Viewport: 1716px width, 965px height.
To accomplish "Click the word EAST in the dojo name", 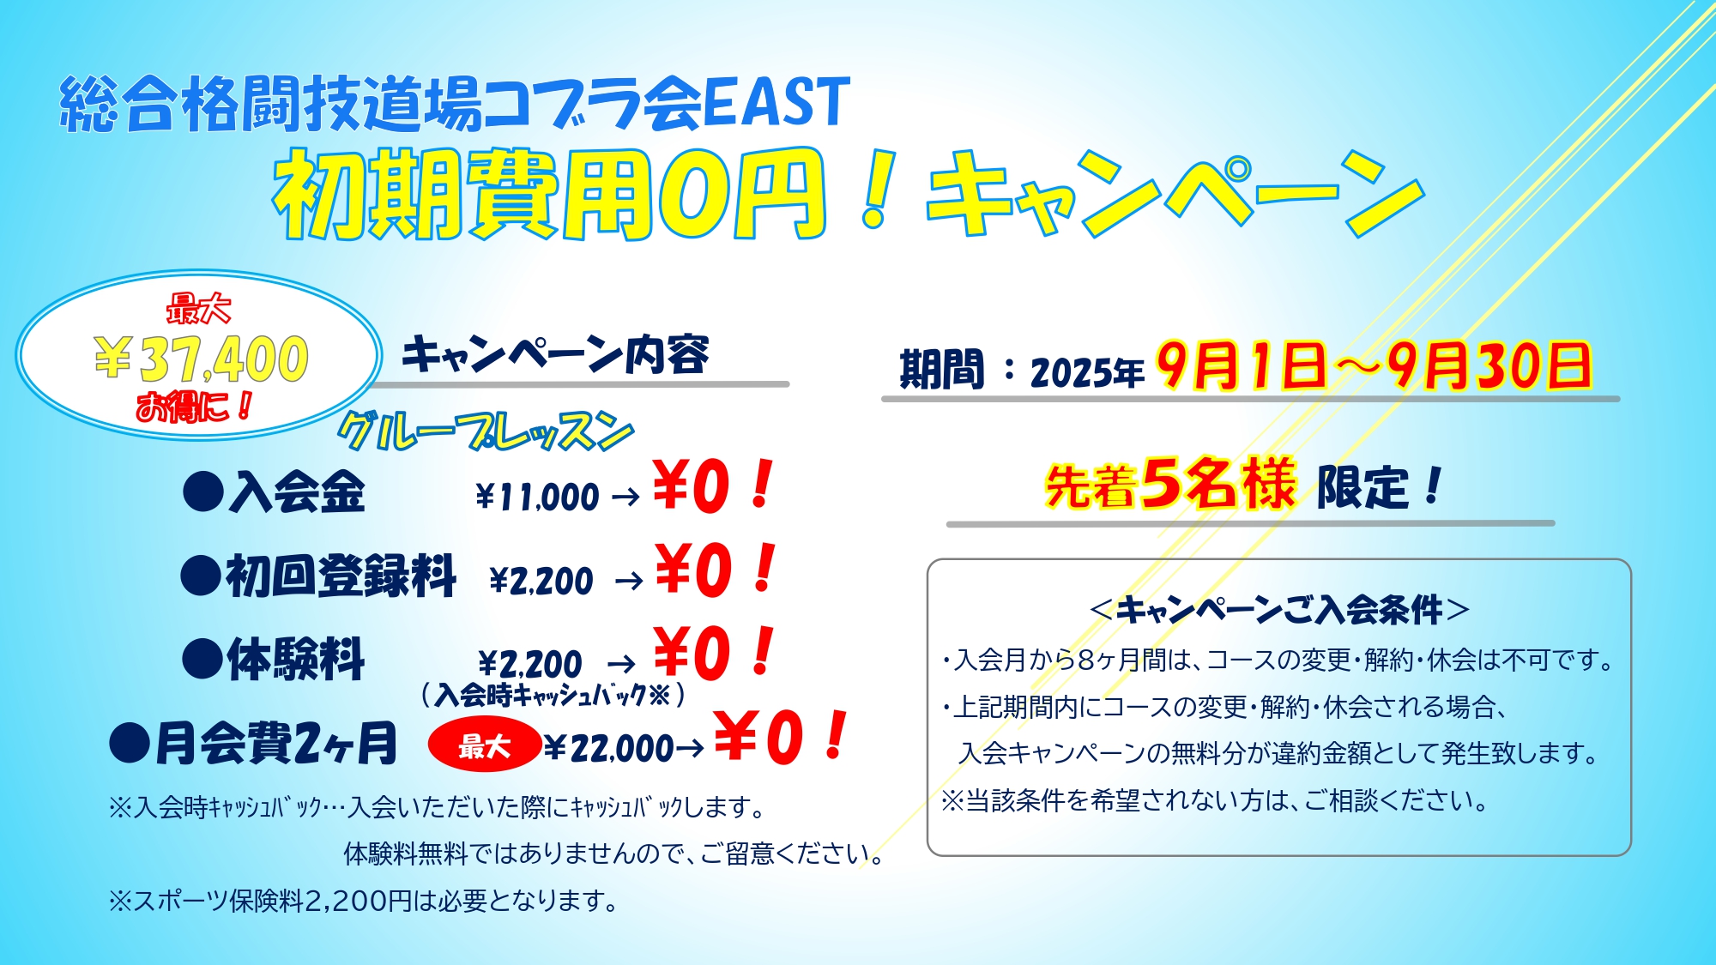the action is tap(776, 103).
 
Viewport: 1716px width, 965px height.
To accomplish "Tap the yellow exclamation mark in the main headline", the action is tap(877, 190).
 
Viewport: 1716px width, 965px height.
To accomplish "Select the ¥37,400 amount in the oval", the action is tap(201, 359).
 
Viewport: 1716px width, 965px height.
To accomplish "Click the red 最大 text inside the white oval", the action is tap(199, 309).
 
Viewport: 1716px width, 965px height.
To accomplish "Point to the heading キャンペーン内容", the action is tap(555, 354).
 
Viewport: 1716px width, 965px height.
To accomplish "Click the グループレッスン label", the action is tap(486, 431).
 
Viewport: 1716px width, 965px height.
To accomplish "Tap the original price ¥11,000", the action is tap(537, 497).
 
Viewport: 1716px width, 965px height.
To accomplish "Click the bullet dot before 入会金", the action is tap(203, 493).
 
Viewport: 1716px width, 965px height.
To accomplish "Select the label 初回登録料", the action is tap(341, 576).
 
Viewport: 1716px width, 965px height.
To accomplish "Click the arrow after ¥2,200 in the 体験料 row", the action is tap(621, 664).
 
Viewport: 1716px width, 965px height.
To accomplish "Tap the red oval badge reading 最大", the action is tap(485, 745).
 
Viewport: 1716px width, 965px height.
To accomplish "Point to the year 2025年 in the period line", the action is tap(1087, 372).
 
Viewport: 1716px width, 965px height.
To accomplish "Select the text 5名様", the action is tap(1218, 483).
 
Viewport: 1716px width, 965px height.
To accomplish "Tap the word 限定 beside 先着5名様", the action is tap(1363, 487).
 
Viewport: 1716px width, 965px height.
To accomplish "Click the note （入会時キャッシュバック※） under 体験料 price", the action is tap(553, 694).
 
